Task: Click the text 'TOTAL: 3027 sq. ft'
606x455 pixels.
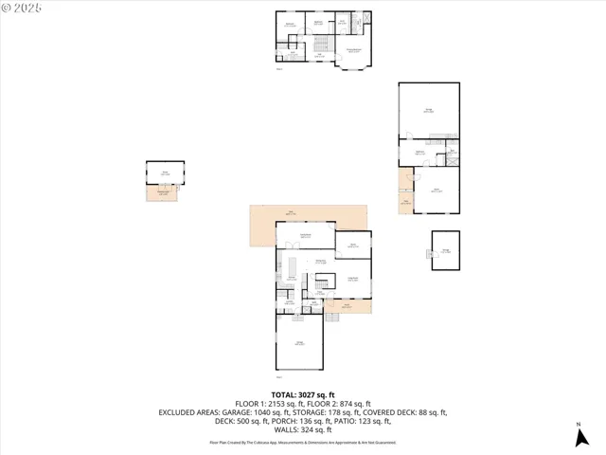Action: tap(303, 394)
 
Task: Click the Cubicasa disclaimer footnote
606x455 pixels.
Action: tap(303, 442)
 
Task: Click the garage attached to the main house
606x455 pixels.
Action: tap(299, 342)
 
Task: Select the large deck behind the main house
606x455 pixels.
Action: tap(284, 215)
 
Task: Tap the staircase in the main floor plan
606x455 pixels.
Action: tap(325, 282)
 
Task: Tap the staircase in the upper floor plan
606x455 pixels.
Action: tap(320, 45)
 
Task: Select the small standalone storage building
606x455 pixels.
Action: tap(445, 250)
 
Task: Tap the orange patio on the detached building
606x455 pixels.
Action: tap(405, 192)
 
